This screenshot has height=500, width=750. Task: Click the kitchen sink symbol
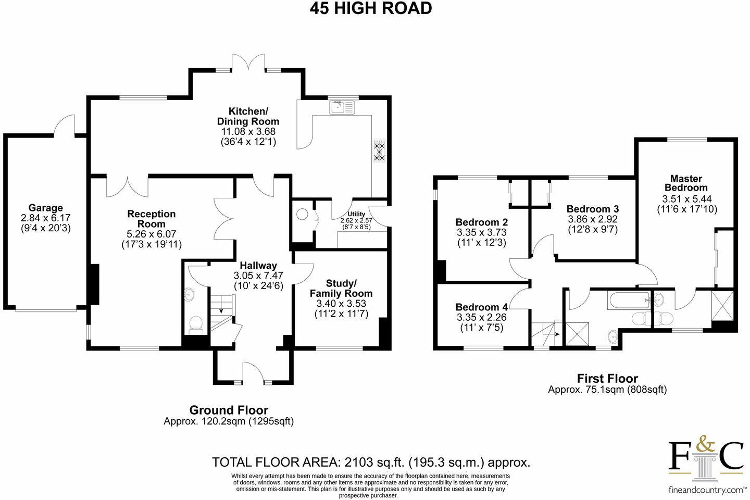pos(342,107)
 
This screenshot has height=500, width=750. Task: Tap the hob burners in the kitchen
pos(379,151)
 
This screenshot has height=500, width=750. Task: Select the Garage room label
pos(45,208)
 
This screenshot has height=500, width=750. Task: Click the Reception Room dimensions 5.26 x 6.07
pos(152,234)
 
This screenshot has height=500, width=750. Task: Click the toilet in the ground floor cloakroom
pos(195,325)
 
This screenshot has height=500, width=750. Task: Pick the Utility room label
pos(356,214)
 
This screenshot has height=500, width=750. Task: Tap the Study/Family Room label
pos(341,289)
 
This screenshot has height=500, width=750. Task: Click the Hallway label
pos(258,266)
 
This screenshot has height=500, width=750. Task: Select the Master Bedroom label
pos(686,183)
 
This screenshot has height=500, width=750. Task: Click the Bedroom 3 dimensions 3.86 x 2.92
pos(593,219)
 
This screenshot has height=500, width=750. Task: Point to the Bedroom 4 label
pos(481,307)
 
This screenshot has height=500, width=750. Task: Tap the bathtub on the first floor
pos(629,300)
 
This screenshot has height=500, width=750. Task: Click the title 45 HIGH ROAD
pos(371,8)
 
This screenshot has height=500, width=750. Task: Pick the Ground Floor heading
pos(229,410)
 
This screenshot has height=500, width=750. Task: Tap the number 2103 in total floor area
pos(359,463)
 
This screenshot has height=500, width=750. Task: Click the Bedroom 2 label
pos(481,222)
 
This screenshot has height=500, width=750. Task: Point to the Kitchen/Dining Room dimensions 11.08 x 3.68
pos(248,131)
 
